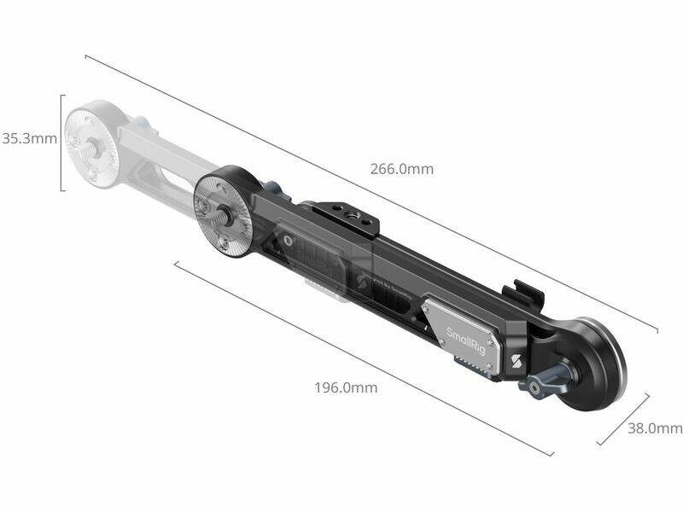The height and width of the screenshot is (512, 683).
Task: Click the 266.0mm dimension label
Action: (401, 169)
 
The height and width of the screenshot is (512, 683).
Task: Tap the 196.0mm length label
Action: (346, 387)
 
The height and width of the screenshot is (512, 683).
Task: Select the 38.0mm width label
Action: (655, 428)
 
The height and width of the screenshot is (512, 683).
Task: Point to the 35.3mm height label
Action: (29, 138)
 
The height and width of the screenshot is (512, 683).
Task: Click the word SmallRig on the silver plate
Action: (465, 340)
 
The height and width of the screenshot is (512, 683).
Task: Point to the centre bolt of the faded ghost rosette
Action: (94, 147)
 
